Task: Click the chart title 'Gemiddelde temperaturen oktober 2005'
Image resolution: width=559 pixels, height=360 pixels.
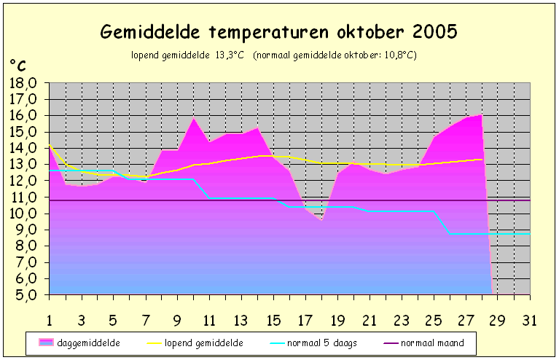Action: (278, 32)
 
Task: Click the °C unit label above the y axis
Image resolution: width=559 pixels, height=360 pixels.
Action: (17, 66)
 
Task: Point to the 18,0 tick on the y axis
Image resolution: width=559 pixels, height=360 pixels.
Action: (22, 83)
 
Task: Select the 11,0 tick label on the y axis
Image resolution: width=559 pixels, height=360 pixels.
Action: (22, 197)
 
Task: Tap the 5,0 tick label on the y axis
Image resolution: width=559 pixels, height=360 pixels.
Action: (22, 294)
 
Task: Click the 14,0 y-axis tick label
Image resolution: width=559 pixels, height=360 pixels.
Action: (22, 148)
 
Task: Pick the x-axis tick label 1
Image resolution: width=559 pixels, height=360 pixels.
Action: (50, 321)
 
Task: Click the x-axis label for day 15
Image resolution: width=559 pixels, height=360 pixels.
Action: (273, 321)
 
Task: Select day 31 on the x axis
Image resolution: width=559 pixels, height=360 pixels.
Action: (530, 321)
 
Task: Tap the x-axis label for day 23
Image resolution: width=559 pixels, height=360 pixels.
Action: (402, 321)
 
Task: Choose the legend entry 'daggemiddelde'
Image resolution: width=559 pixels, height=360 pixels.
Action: (79, 343)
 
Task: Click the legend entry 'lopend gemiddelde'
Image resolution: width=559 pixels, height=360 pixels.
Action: (195, 343)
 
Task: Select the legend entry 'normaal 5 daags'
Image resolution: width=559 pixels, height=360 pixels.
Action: (313, 343)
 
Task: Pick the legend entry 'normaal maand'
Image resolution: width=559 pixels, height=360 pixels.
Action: (424, 343)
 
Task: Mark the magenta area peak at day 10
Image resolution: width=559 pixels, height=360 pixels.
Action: (194, 117)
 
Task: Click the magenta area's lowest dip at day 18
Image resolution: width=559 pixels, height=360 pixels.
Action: (321, 220)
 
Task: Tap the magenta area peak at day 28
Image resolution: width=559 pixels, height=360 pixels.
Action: (482, 114)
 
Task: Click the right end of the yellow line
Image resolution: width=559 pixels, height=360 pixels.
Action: (482, 160)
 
